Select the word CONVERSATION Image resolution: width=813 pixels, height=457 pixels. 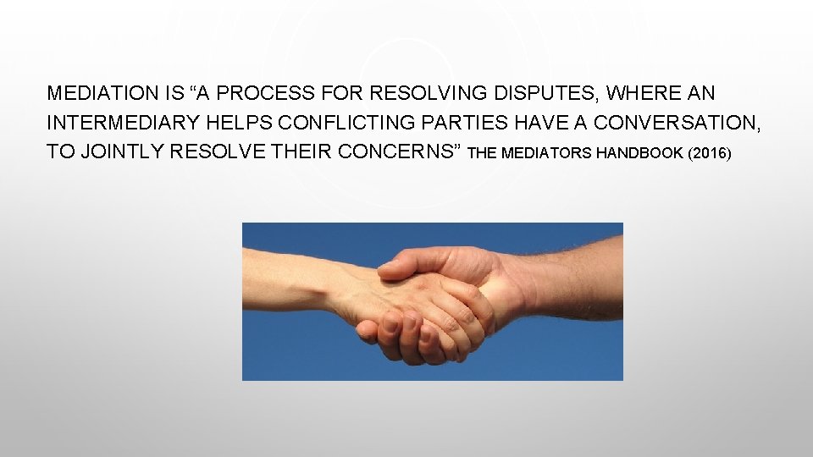(677, 124)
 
